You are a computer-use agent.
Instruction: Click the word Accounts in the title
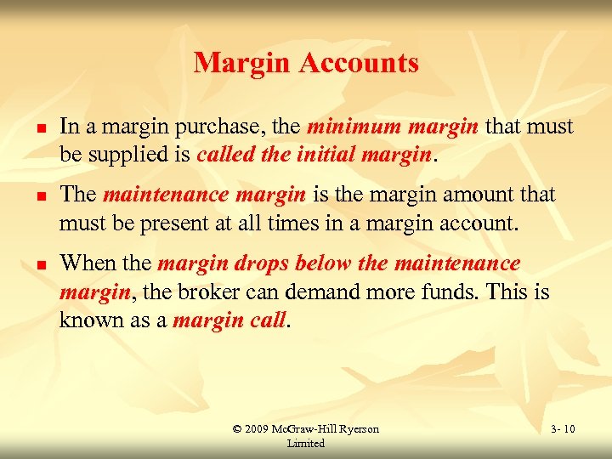point(367,63)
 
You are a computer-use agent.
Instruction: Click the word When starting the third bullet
point(84,263)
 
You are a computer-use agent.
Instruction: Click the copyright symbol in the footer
point(237,429)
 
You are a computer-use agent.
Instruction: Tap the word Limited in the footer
point(305,444)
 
